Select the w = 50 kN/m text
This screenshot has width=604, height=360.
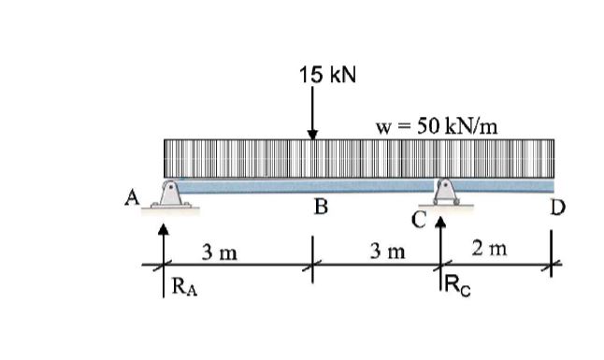click(x=436, y=126)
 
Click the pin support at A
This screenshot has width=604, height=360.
click(x=169, y=195)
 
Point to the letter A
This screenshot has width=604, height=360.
click(x=133, y=197)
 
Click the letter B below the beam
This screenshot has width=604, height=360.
click(x=319, y=208)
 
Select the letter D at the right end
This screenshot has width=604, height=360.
click(x=557, y=206)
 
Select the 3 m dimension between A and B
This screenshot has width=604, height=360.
click(x=220, y=252)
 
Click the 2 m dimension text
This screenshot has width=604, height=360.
click(x=491, y=249)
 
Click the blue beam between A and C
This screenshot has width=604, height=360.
click(x=309, y=187)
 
